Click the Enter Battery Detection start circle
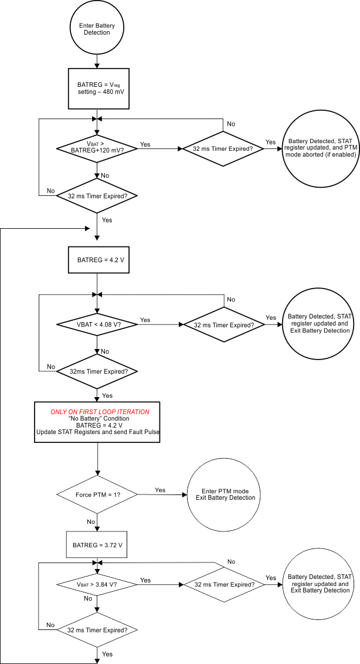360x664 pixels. (97, 29)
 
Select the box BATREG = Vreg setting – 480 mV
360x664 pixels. (97, 88)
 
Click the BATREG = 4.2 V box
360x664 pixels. (97, 259)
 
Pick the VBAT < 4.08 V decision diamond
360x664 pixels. (97, 324)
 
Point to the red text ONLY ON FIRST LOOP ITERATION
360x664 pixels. (97, 411)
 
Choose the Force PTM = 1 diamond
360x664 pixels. (97, 494)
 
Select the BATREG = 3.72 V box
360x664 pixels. (97, 545)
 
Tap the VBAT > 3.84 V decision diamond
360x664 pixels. (97, 584)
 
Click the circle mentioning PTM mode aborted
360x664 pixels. (320, 148)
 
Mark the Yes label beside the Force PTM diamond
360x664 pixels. (159, 489)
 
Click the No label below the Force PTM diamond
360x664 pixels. (91, 521)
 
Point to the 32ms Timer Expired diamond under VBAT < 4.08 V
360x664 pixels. (97, 371)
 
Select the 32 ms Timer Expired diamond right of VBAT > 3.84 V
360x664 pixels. (223, 584)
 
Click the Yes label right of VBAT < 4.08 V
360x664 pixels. (145, 320)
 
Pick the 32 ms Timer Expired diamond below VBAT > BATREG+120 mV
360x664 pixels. (97, 196)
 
